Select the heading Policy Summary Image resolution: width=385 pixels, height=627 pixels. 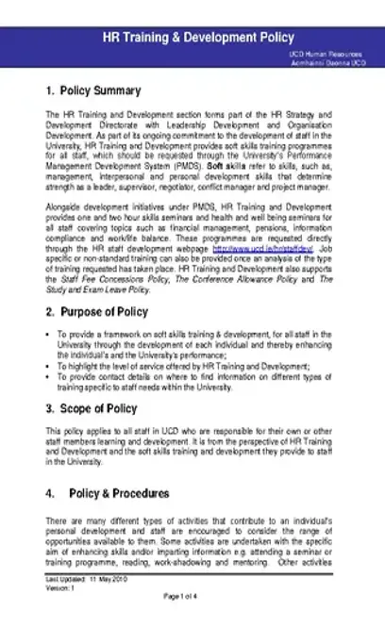[x=99, y=91]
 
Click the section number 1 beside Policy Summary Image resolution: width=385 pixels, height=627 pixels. [x=49, y=91]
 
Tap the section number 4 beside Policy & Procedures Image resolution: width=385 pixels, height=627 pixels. [x=49, y=493]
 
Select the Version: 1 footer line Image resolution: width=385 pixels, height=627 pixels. [x=59, y=587]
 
